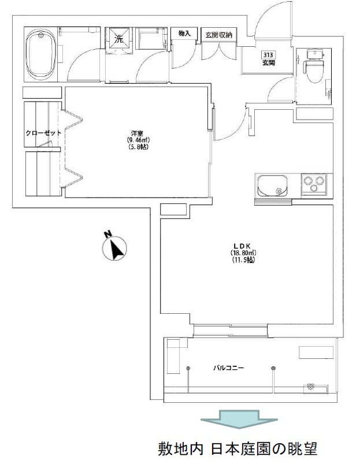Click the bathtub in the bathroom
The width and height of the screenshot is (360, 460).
click(41, 54)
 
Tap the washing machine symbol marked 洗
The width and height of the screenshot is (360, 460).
click(119, 39)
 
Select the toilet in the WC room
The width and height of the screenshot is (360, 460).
click(314, 67)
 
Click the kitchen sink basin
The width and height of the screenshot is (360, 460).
click(272, 186)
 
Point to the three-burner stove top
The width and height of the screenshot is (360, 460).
click(315, 184)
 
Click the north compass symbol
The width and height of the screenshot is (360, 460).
click(114, 246)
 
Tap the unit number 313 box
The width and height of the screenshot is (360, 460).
click(268, 55)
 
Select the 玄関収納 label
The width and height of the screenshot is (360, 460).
click(218, 35)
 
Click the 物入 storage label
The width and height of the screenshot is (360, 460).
click(184, 34)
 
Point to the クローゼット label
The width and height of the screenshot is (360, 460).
click(43, 133)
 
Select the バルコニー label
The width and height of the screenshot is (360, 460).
click(229, 368)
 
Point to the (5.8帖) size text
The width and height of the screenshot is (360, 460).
click(138, 147)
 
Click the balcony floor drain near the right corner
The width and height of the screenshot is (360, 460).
click(311, 387)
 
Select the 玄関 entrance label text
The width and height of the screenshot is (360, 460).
click(269, 63)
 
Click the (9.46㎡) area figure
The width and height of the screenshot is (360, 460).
click(139, 140)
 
